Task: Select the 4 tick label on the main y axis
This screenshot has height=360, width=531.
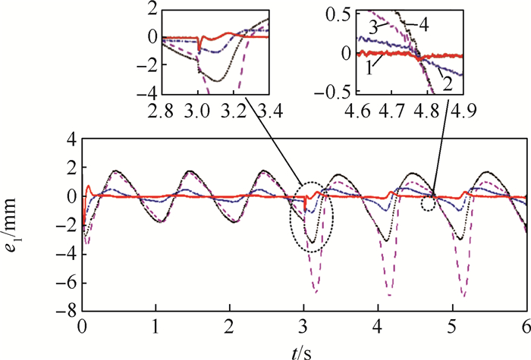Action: coord(71,139)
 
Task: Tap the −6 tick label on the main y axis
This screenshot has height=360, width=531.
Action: coord(68,283)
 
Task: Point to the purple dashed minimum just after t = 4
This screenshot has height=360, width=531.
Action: coord(389,294)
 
